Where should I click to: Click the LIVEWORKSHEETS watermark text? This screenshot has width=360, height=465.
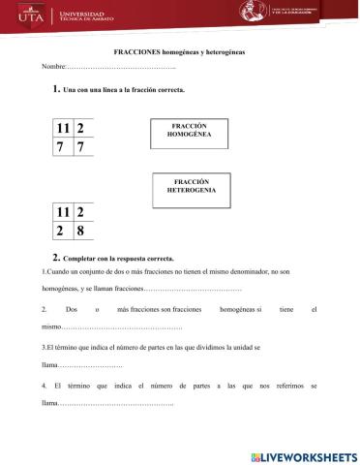coord(309,455)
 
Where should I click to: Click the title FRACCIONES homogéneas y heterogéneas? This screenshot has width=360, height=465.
coord(179,50)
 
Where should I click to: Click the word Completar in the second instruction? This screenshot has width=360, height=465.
coord(81,260)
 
